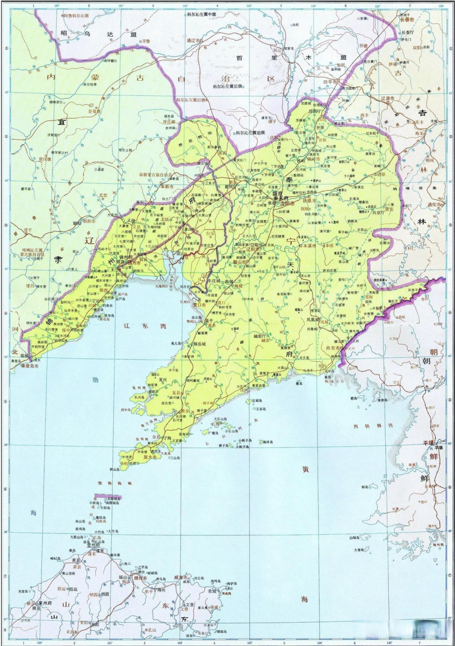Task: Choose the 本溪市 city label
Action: (x=307, y=245)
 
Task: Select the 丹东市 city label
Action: (x=334, y=348)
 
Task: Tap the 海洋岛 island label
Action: (x=267, y=442)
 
